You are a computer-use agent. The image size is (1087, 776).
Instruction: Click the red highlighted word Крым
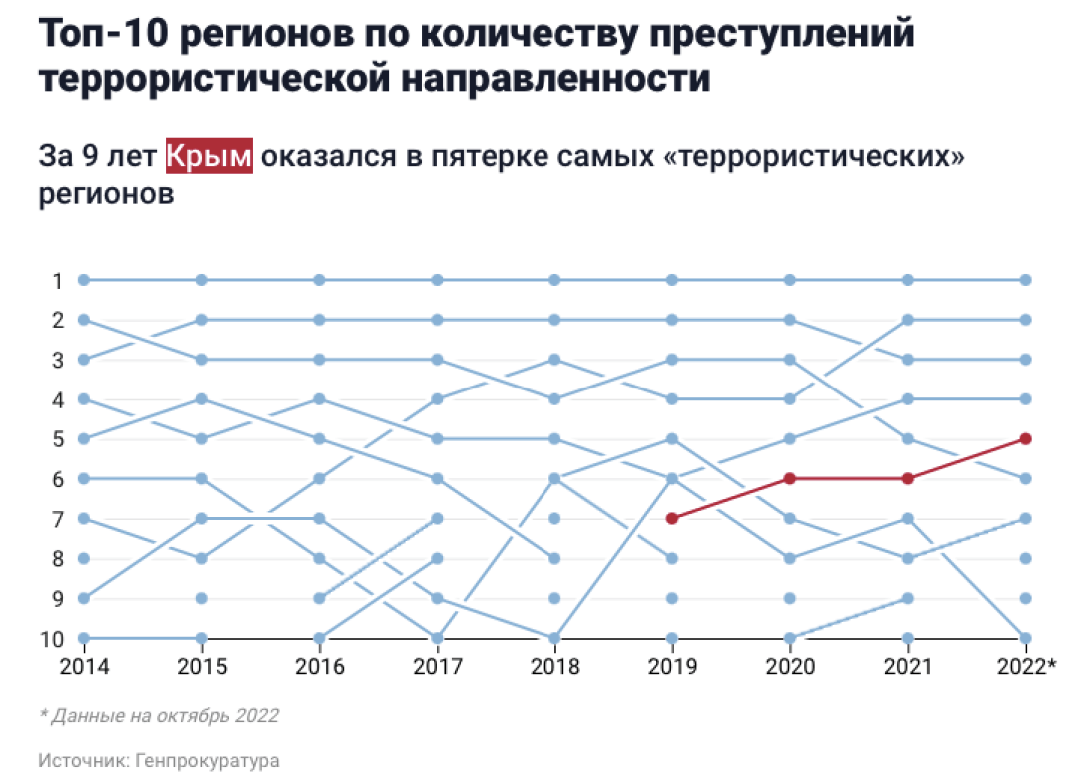[x=209, y=157]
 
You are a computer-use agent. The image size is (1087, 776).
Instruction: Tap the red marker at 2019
[x=672, y=518]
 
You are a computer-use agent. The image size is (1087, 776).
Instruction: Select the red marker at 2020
[x=790, y=478]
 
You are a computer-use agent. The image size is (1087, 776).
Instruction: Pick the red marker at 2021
[x=908, y=478]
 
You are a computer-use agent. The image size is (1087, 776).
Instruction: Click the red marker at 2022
[x=1026, y=438]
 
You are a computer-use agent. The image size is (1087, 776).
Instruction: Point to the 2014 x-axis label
[x=84, y=665]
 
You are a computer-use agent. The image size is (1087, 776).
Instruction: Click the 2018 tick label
[x=554, y=665]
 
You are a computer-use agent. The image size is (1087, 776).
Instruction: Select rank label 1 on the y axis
[x=57, y=281]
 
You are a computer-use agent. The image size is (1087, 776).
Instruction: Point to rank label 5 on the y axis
[x=57, y=439]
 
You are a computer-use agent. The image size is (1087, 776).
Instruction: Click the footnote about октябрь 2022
[x=160, y=715]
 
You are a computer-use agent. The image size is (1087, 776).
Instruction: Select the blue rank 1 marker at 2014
[x=84, y=280]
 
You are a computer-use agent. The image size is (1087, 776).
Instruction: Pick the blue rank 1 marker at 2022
[x=1026, y=280]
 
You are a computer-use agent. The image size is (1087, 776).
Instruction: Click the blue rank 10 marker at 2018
[x=554, y=638]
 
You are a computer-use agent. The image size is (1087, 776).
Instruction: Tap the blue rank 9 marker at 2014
[x=84, y=598]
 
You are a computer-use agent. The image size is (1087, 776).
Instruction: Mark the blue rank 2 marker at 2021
[x=908, y=320]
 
